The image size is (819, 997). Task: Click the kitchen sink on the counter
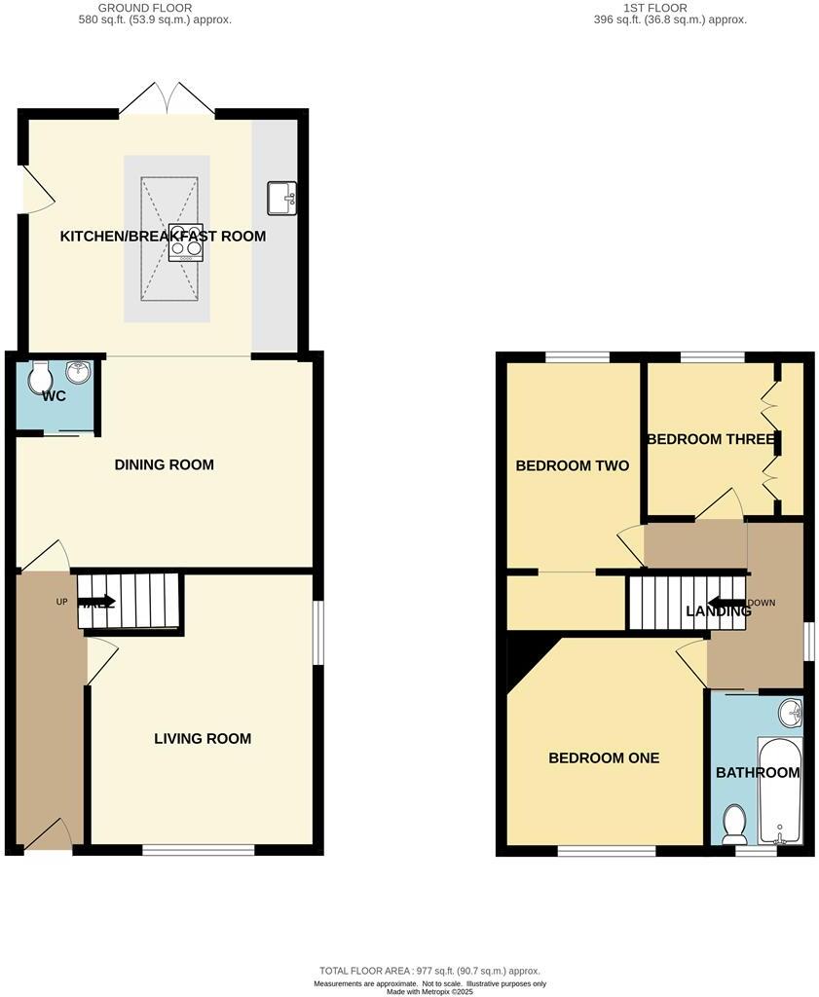tap(281, 198)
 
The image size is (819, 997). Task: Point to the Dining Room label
tap(164, 464)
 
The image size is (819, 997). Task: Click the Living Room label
tap(203, 738)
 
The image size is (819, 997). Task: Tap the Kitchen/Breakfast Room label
tap(163, 236)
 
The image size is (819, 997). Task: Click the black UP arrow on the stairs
tap(102, 602)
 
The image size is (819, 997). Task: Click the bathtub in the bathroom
tap(780, 792)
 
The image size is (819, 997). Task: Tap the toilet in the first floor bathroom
tap(734, 825)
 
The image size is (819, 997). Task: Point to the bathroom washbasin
tap(790, 714)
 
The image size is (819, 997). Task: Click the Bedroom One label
tap(604, 757)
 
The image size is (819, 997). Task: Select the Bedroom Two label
tap(572, 465)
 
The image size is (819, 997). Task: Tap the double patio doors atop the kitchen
tap(168, 98)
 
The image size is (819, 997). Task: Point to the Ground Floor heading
tap(155, 13)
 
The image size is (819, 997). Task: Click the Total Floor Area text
tap(429, 971)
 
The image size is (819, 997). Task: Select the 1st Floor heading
tap(671, 13)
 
